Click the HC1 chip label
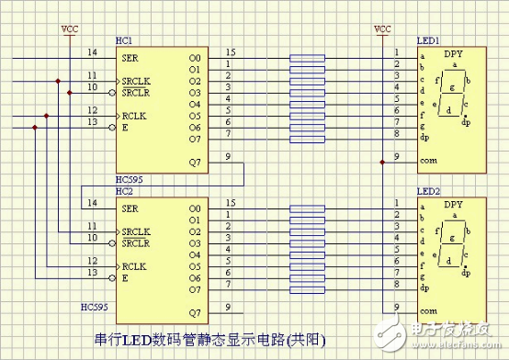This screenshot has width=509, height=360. click(124, 42)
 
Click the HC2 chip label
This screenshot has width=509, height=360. click(124, 191)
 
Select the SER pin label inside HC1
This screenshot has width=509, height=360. click(130, 56)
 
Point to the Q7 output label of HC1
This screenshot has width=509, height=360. click(193, 162)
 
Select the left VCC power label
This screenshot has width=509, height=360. click(70, 28)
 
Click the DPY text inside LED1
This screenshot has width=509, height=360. click(454, 55)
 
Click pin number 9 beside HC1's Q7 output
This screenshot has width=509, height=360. click(228, 156)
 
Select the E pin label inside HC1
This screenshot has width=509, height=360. click(125, 126)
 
